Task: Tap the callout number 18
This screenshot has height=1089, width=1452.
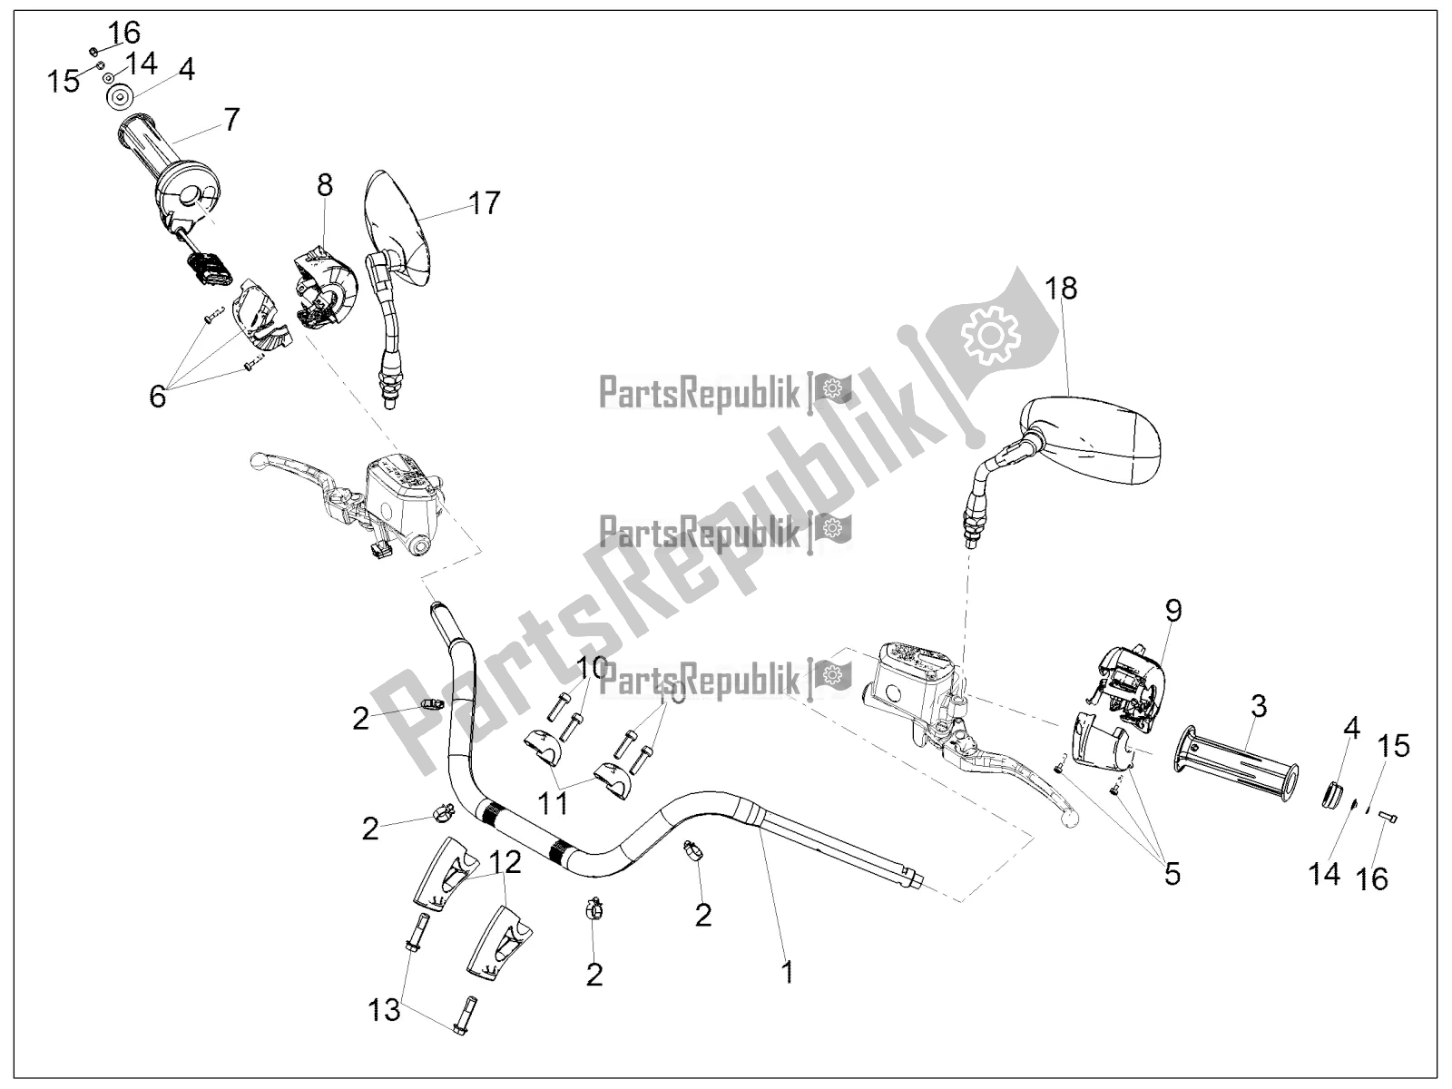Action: (1061, 289)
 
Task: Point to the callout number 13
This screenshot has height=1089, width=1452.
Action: (385, 1009)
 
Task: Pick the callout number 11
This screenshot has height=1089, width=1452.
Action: (554, 803)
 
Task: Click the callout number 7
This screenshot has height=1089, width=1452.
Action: (231, 119)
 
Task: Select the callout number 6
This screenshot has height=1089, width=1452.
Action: (158, 396)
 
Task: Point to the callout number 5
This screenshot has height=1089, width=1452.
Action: (1172, 873)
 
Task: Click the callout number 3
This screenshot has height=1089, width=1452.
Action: (1258, 703)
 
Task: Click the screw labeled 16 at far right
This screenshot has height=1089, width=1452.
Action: (1385, 818)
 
